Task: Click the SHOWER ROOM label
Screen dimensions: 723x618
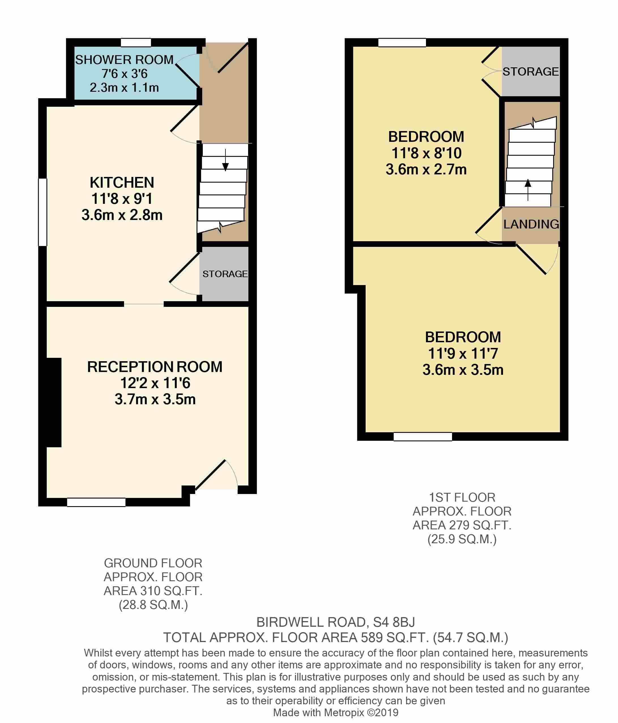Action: [124, 60]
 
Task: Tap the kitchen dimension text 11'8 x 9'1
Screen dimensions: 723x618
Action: [122, 199]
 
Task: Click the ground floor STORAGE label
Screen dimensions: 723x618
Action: [225, 274]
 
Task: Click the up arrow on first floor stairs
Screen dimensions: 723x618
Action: [528, 189]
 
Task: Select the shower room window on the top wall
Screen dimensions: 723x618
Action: [136, 42]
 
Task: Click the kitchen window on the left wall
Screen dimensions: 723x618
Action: [42, 212]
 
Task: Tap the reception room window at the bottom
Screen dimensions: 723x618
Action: [96, 502]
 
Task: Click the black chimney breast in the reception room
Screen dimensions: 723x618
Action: [54, 402]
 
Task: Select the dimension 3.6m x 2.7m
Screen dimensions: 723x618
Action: [426, 170]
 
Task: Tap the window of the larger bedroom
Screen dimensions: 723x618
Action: [423, 436]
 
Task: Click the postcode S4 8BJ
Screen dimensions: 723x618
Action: [394, 622]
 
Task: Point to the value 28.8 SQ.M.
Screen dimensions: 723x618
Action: [153, 604]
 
